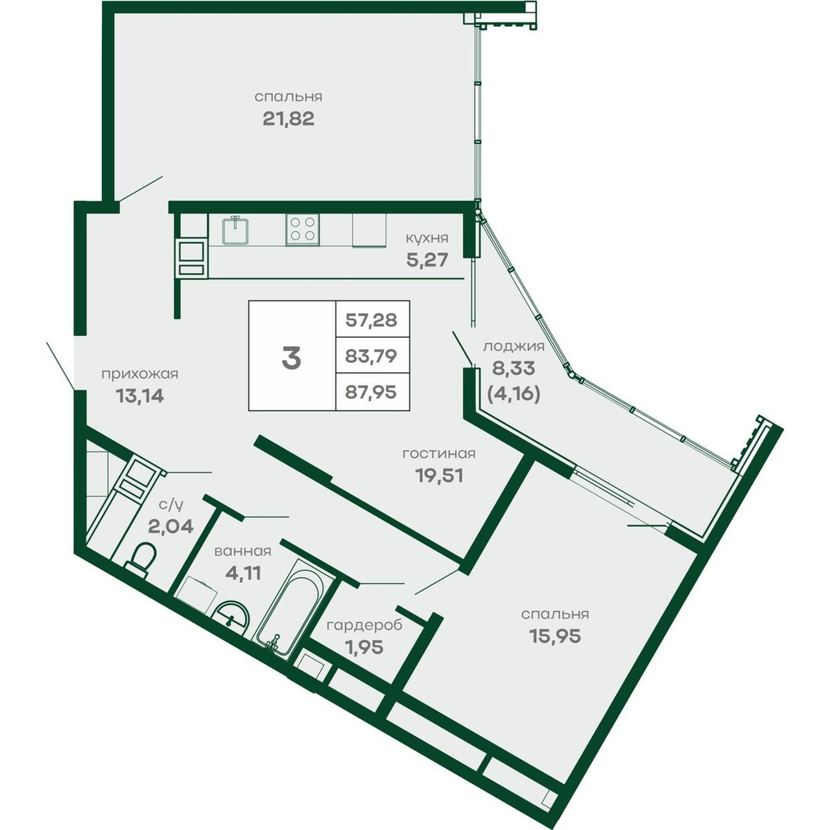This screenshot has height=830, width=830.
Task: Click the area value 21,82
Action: point(288,119)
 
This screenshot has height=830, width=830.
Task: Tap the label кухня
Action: point(427,238)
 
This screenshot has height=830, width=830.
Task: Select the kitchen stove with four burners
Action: point(302,230)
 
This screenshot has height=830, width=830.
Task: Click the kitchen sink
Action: point(235,230)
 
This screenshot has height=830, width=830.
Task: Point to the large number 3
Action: point(292,359)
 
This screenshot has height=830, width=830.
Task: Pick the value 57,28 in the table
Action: point(372,320)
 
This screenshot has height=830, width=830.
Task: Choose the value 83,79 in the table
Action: point(371,356)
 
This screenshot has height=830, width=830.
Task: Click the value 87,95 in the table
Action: point(371,392)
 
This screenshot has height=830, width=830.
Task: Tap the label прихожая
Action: point(140,374)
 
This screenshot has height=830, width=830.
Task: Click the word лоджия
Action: point(514,347)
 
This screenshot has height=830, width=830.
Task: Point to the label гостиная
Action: point(439,453)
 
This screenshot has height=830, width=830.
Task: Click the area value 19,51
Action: point(440,475)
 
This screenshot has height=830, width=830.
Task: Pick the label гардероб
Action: point(364,625)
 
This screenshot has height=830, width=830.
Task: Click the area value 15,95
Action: point(555,635)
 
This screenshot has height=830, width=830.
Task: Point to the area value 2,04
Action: point(171,526)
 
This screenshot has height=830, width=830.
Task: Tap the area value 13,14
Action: point(140,396)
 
